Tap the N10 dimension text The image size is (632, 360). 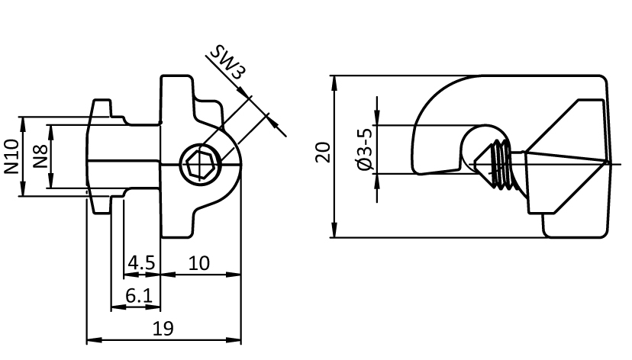tap(11, 156)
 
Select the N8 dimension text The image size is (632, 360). tap(40, 156)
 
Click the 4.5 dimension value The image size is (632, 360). tap(141, 263)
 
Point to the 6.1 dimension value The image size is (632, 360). tap(137, 296)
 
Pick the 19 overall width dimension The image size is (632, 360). tap(163, 329)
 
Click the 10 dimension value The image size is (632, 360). tap(198, 263)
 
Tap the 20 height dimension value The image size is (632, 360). tap(324, 152)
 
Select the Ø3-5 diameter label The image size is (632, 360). tap(366, 149)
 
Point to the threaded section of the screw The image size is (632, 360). tap(502, 164)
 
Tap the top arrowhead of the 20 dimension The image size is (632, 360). tap(334, 81)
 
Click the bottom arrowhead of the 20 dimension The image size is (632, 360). tap(334, 232)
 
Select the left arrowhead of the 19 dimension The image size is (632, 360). tap(91, 339)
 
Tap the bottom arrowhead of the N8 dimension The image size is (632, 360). tap(50, 183)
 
